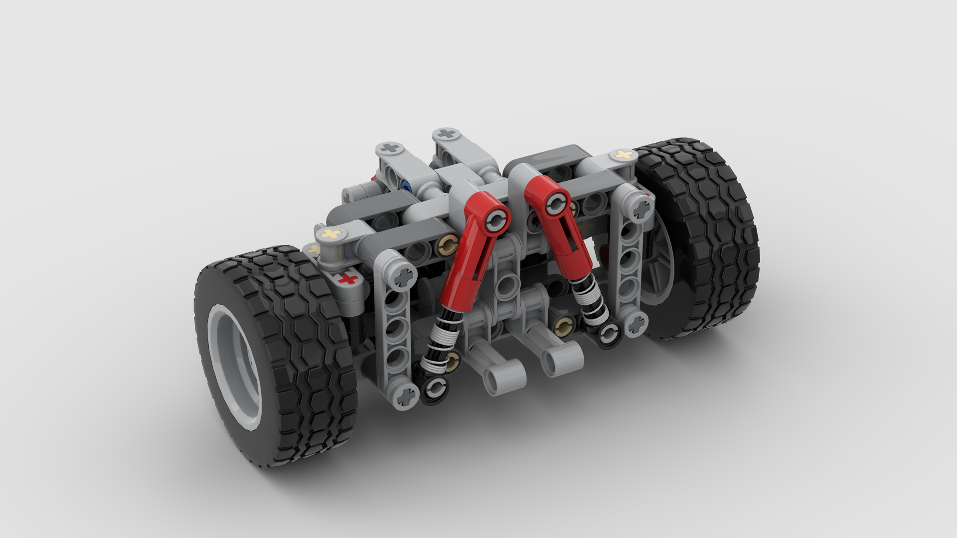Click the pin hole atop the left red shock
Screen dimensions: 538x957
point(496,219)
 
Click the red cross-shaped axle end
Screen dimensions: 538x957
point(349,279)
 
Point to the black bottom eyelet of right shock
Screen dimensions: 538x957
point(609,334)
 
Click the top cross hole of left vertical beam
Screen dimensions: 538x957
point(404,275)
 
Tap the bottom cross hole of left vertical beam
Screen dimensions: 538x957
point(406,396)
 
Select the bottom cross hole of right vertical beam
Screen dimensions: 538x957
point(636,325)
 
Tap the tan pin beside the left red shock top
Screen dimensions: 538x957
point(447,244)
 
